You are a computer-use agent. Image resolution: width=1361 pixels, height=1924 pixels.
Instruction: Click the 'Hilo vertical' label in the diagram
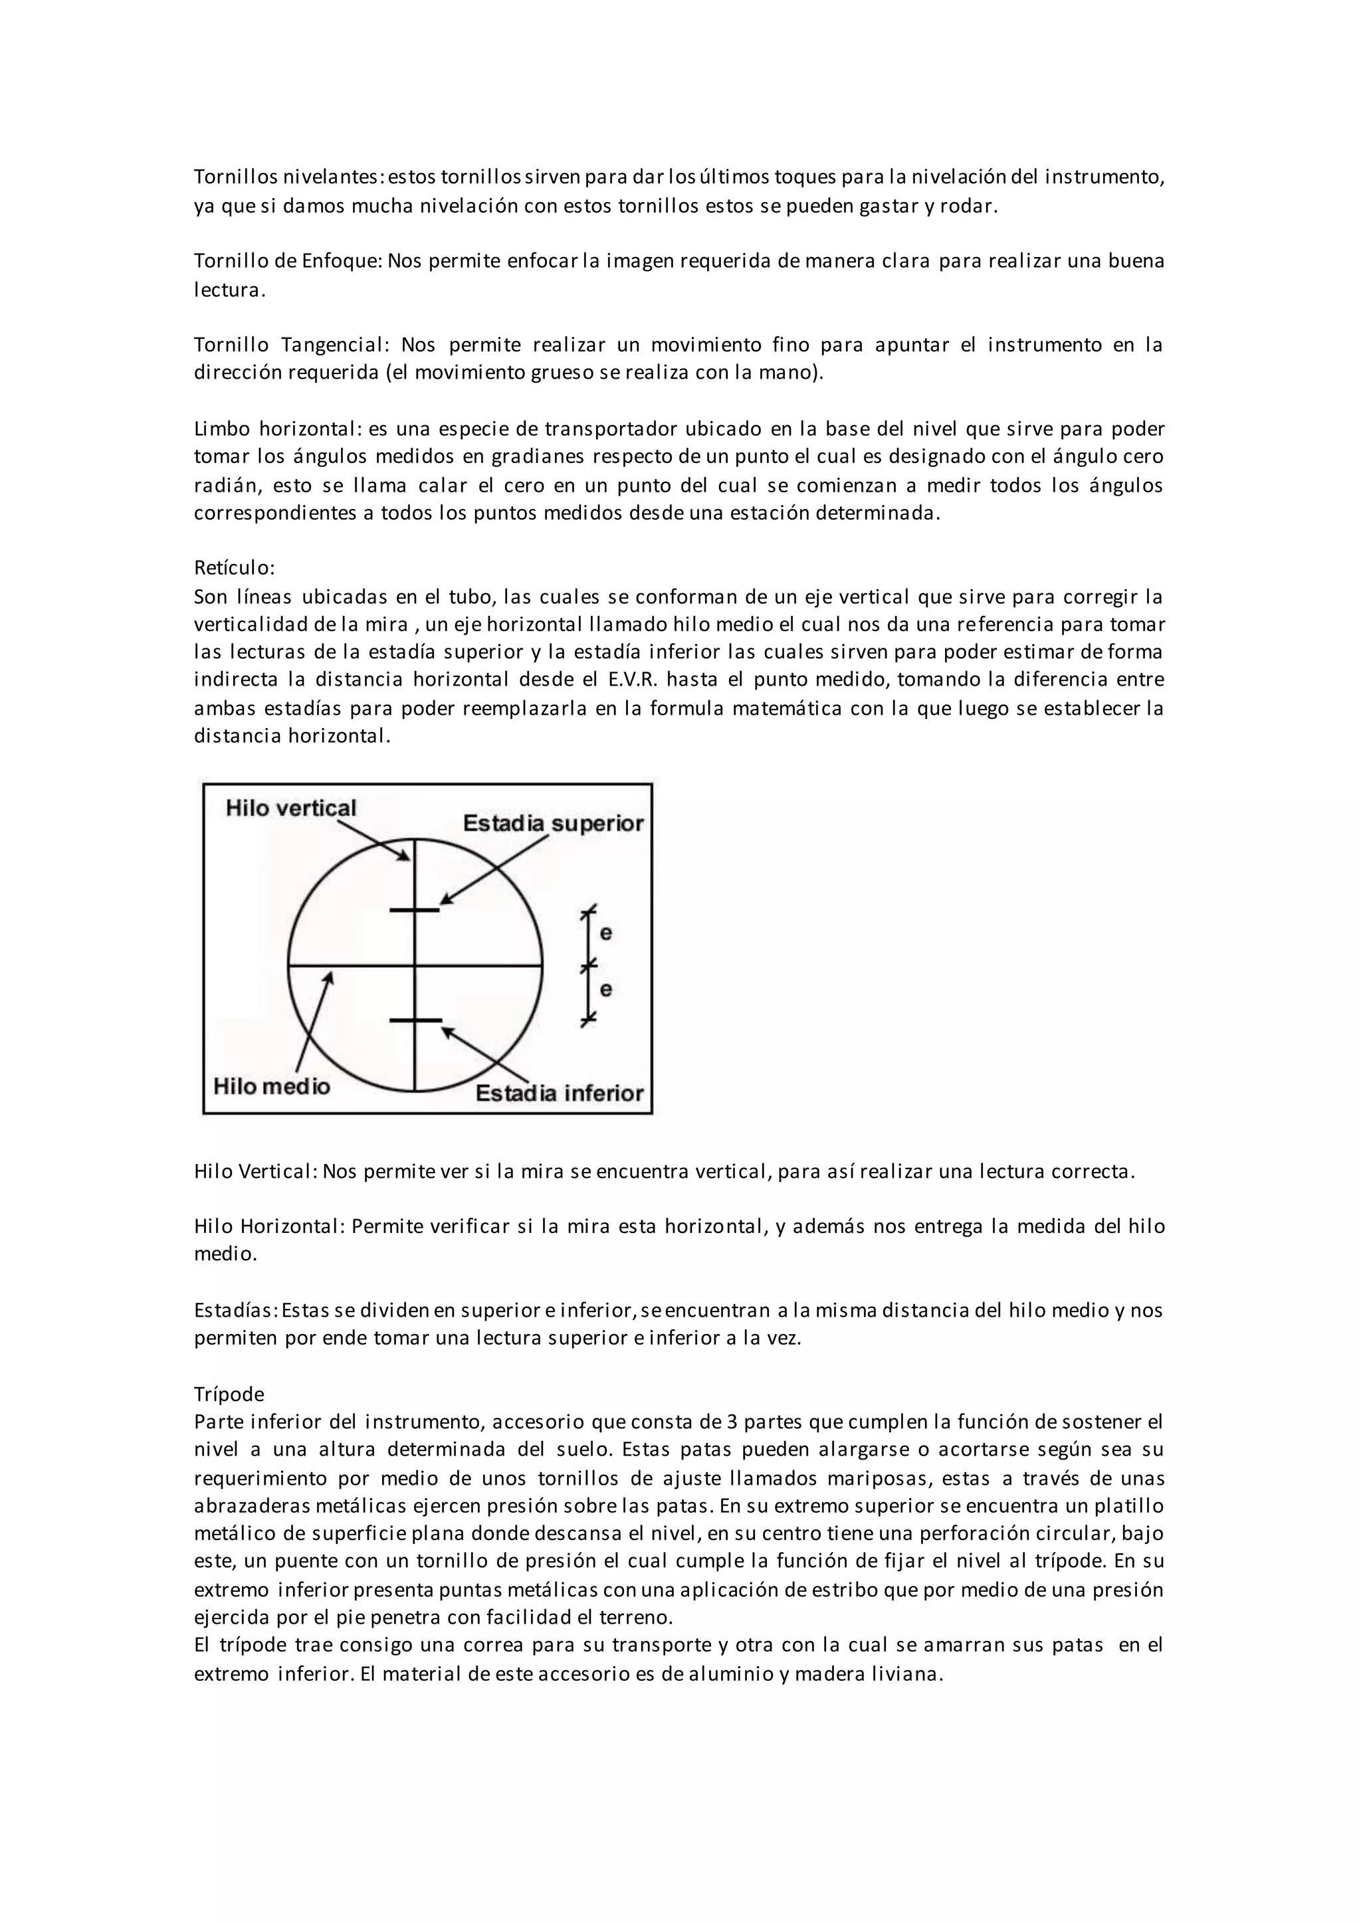point(291,808)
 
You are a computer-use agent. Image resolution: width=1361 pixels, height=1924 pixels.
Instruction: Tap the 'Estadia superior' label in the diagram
point(552,824)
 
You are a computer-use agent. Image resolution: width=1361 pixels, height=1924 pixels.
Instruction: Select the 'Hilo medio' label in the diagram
point(272,1086)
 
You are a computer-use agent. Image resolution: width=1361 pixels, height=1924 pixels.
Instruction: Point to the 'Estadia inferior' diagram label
point(559,1093)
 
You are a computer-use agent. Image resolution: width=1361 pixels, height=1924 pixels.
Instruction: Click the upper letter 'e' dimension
point(606,933)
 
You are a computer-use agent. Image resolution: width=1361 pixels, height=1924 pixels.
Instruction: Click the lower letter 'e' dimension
point(606,990)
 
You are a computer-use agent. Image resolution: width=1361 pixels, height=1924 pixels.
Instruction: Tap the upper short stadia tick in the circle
point(415,910)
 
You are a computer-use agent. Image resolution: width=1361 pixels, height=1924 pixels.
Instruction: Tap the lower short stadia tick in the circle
point(415,1020)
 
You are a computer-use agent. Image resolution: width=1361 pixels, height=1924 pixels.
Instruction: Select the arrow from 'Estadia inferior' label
point(485,1054)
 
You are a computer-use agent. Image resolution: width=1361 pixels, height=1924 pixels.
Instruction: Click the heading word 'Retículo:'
point(235,567)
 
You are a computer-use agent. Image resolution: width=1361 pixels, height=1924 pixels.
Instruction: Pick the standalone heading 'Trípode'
point(229,1394)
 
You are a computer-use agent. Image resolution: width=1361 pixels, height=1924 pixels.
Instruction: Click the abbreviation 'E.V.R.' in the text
point(669,679)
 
